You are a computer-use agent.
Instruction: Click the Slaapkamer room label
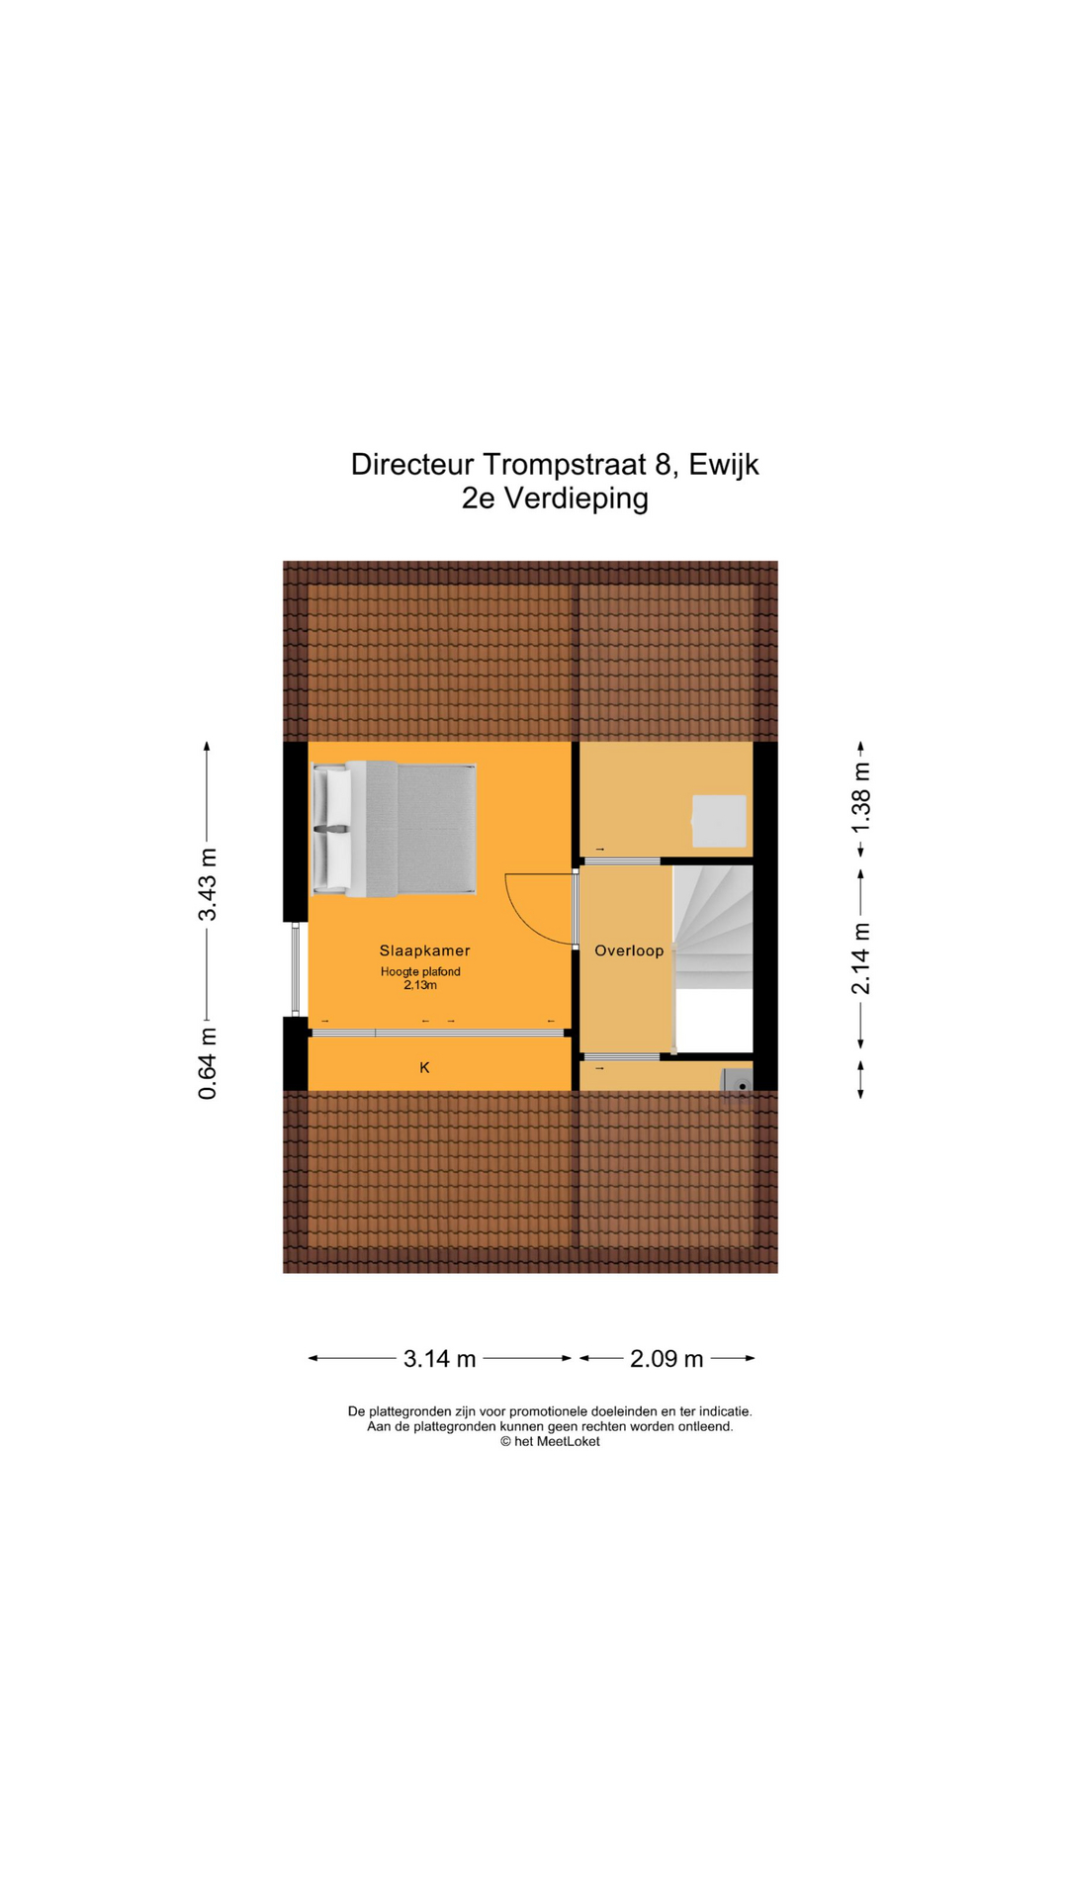(424, 950)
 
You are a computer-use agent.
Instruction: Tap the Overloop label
(629, 950)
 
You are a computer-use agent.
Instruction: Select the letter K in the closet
(425, 1067)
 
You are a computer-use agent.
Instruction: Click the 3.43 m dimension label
(208, 884)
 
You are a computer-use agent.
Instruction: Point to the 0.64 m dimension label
(208, 1063)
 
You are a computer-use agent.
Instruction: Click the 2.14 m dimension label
(861, 958)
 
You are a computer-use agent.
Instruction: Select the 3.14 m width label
(439, 1359)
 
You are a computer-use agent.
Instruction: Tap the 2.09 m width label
(667, 1359)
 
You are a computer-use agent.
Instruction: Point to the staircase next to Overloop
(714, 930)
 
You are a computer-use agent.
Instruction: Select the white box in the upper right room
(719, 821)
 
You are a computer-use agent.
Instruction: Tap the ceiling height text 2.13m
(420, 985)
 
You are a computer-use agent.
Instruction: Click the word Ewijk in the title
(724, 464)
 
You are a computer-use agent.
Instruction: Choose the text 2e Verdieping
(555, 498)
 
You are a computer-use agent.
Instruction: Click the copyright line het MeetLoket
(550, 1441)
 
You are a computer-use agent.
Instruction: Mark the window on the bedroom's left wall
(295, 969)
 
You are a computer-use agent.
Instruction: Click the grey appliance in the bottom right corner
(737, 1080)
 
